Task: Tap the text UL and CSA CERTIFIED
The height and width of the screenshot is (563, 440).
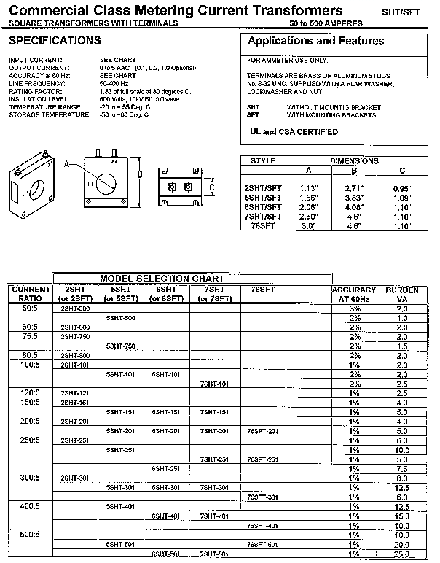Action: (x=294, y=132)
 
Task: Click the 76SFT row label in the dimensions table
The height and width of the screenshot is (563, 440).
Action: (x=263, y=225)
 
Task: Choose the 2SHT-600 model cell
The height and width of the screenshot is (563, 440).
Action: (x=75, y=327)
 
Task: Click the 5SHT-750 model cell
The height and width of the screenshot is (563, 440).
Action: (x=121, y=346)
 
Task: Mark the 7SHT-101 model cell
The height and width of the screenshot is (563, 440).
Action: (x=214, y=384)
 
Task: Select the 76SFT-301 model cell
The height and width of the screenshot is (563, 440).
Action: (x=263, y=497)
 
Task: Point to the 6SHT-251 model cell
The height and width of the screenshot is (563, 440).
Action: (x=166, y=468)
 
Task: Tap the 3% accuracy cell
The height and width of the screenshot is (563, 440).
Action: (x=355, y=308)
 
